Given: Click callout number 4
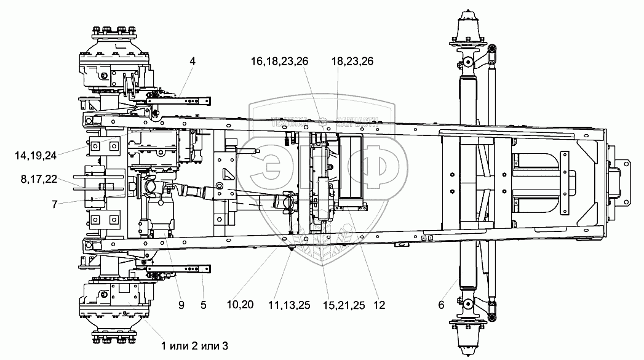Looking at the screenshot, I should [192, 62].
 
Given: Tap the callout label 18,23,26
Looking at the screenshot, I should [352, 62].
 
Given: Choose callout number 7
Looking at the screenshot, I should [55, 204].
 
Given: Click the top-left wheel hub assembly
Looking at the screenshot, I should [114, 55].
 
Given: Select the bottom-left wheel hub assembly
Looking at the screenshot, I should [114, 305].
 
